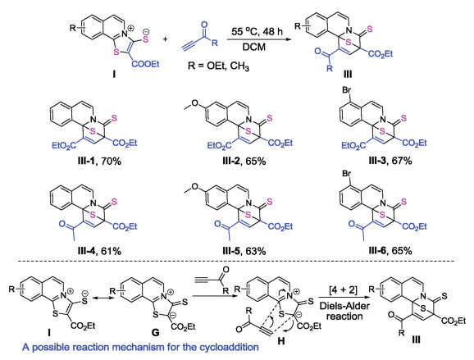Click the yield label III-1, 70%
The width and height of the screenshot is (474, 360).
pyautogui.click(x=99, y=162)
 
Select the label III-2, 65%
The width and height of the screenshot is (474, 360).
pyautogui.click(x=244, y=162)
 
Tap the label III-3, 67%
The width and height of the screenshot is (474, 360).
pyautogui.click(x=390, y=161)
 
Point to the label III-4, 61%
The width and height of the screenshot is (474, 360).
pyautogui.click(x=99, y=251)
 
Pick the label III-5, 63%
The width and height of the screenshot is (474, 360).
pyautogui.click(x=244, y=251)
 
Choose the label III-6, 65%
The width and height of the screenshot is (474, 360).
pyautogui.click(x=390, y=251)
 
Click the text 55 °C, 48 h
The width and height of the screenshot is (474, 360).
pyautogui.click(x=257, y=31)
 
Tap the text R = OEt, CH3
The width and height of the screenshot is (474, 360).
pyautogui.click(x=218, y=66)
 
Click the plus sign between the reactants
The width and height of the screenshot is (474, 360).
pyautogui.click(x=166, y=39)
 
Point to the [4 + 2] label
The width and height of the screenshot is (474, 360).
pyautogui.click(x=343, y=290)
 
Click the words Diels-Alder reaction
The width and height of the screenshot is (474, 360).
pyautogui.click(x=344, y=312)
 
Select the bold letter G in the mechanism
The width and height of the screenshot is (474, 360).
pyautogui.click(x=155, y=332)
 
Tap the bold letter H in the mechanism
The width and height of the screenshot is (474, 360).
pyautogui.click(x=280, y=341)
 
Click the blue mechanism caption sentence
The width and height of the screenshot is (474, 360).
pyautogui.click(x=140, y=347)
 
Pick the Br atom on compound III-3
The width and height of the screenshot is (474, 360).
pyautogui.click(x=347, y=89)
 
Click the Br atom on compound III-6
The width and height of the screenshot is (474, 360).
pyautogui.click(x=347, y=174)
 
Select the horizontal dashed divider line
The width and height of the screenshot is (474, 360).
pyautogui.click(x=237, y=261)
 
